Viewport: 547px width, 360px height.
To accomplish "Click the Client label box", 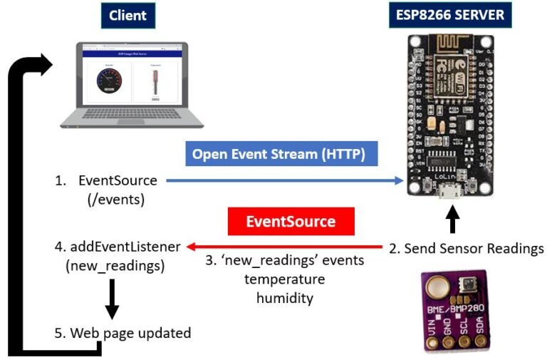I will coord(127,15).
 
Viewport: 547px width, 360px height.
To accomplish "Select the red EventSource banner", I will coord(291,221).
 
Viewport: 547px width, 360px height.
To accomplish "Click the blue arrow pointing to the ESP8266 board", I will coord(285,181).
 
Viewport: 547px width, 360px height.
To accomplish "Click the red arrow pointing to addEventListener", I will coord(285,247).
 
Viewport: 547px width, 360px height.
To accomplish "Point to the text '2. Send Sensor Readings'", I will coord(467,248).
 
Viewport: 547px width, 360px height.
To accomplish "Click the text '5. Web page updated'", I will coord(123,333).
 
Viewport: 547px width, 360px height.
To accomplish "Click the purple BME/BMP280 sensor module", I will coord(451,312).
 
